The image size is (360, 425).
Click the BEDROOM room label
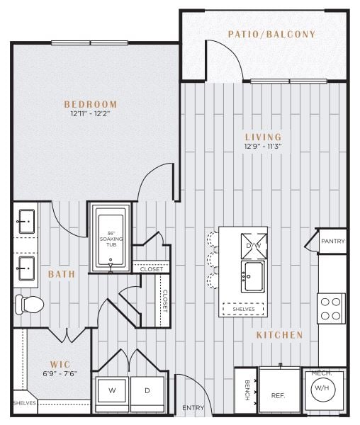[x=91, y=104]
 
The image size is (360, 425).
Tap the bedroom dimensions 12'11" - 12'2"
[x=90, y=113]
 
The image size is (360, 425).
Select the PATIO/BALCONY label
[x=272, y=34]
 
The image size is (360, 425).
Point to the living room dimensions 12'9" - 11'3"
[x=263, y=147]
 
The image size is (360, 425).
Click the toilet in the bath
[x=29, y=305]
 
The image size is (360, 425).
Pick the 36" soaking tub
[x=111, y=238]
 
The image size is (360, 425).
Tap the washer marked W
[x=112, y=390]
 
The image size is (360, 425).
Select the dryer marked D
[x=147, y=390]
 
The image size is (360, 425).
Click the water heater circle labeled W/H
[x=322, y=388]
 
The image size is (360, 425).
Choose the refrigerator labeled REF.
[x=279, y=390]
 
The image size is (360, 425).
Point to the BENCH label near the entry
[x=247, y=390]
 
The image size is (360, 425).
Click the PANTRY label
[x=333, y=242]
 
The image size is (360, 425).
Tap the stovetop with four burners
[x=331, y=308]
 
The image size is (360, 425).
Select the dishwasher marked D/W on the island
[x=254, y=246]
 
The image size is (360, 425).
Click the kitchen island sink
[x=253, y=276]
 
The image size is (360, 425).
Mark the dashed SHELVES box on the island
[x=243, y=309]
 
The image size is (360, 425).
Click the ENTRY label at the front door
[x=193, y=408]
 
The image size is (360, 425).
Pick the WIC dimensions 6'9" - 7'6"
[x=60, y=374]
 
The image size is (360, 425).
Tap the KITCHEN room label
[x=279, y=335]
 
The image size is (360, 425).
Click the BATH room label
[x=62, y=274]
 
